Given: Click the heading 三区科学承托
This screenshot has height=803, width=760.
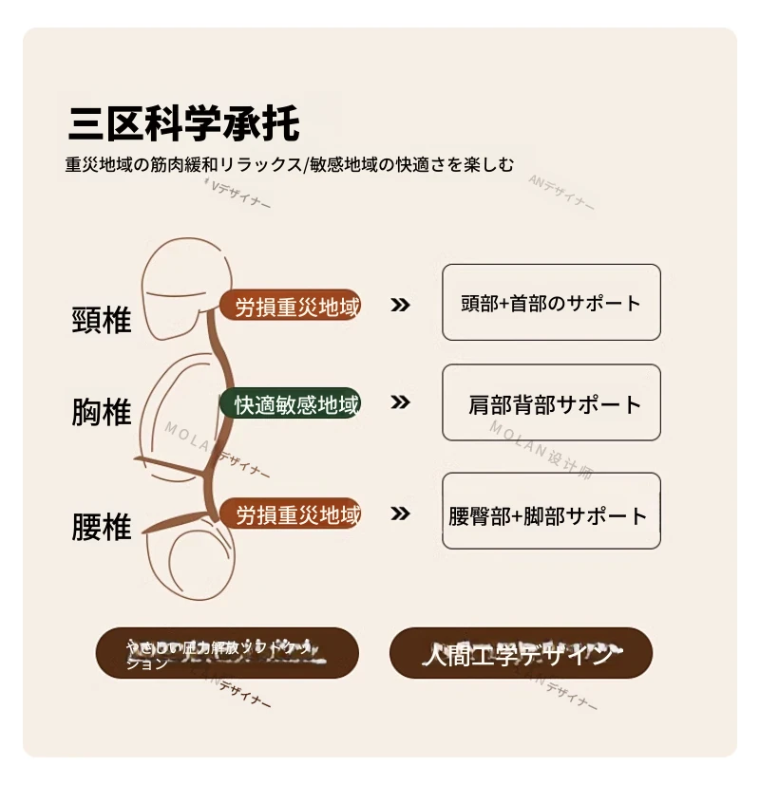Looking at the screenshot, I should [184, 124].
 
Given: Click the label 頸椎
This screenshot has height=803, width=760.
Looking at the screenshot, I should [102, 320].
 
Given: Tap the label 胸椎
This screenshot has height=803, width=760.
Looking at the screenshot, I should [102, 413].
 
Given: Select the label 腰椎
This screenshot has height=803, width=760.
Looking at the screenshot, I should [102, 527].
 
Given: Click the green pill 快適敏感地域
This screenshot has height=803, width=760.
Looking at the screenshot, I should [291, 404].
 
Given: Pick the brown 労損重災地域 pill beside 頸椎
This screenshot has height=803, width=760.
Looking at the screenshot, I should [291, 306].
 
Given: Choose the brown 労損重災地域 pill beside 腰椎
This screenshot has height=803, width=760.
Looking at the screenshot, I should [291, 515].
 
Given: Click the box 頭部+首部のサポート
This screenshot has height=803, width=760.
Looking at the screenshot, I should [551, 303].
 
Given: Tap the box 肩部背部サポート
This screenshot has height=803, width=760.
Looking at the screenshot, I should [551, 403].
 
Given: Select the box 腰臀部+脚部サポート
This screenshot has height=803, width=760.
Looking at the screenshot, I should [551, 512].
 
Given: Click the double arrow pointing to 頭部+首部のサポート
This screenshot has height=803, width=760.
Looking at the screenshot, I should [401, 305].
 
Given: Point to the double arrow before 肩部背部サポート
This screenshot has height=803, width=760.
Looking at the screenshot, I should [401, 401].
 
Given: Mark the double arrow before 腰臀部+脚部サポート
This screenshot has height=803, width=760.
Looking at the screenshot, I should [401, 514].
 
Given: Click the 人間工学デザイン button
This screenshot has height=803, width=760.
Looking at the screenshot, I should [521, 653].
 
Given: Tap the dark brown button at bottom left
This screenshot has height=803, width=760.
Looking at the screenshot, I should [227, 653].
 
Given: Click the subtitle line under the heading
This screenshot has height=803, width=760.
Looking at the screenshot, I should [290, 164].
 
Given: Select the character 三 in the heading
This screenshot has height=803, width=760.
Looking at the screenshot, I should [86, 124].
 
